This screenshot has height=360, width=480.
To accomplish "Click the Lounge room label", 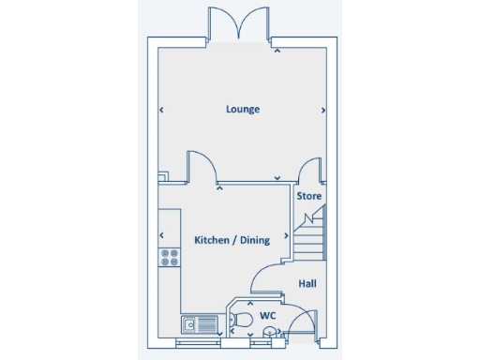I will tap(243, 109).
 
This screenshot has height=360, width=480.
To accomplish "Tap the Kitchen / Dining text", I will tap(232, 240).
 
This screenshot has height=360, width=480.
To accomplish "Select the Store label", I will tap(309, 197).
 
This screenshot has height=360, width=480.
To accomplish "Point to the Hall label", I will tap(307, 283).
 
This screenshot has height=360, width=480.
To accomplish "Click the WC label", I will tap(267, 315).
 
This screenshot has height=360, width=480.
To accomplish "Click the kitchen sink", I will tap(200, 325).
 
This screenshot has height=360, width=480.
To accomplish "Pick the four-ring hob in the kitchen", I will tap(170, 257).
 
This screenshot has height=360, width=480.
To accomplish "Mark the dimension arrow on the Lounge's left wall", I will tap(161, 110).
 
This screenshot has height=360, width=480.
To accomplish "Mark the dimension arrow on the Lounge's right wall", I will tap(323, 110).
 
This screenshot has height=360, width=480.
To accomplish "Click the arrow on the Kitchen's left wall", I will tap(161, 234).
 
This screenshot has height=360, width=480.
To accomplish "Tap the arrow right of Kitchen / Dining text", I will tap(284, 240).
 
